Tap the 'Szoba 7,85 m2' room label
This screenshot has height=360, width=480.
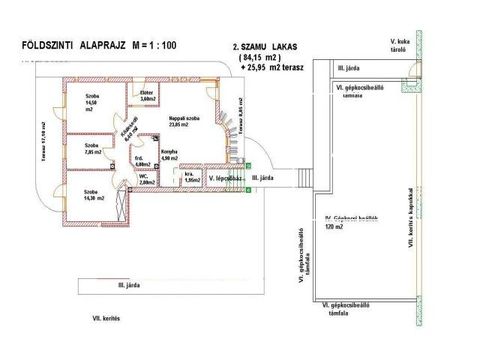(x=93, y=148)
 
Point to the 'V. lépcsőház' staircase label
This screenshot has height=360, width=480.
(x=225, y=178)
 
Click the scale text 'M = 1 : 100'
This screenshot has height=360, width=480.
(x=154, y=46)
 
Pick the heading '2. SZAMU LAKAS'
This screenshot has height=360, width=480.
(x=265, y=46)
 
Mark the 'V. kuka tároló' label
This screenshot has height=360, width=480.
(x=397, y=45)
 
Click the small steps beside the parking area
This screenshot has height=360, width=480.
(x=303, y=178)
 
